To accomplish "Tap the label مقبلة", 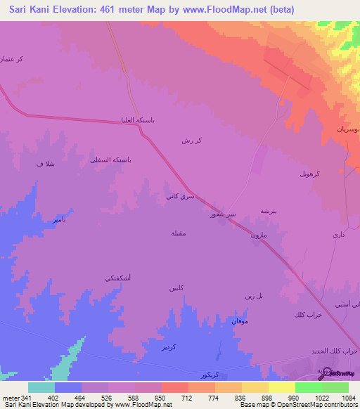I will pos(179,233).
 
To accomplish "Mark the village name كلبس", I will pos(176,289).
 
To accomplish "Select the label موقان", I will pos(240,320).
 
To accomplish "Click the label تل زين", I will pos(255,295).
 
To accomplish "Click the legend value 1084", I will pos(349,398).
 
